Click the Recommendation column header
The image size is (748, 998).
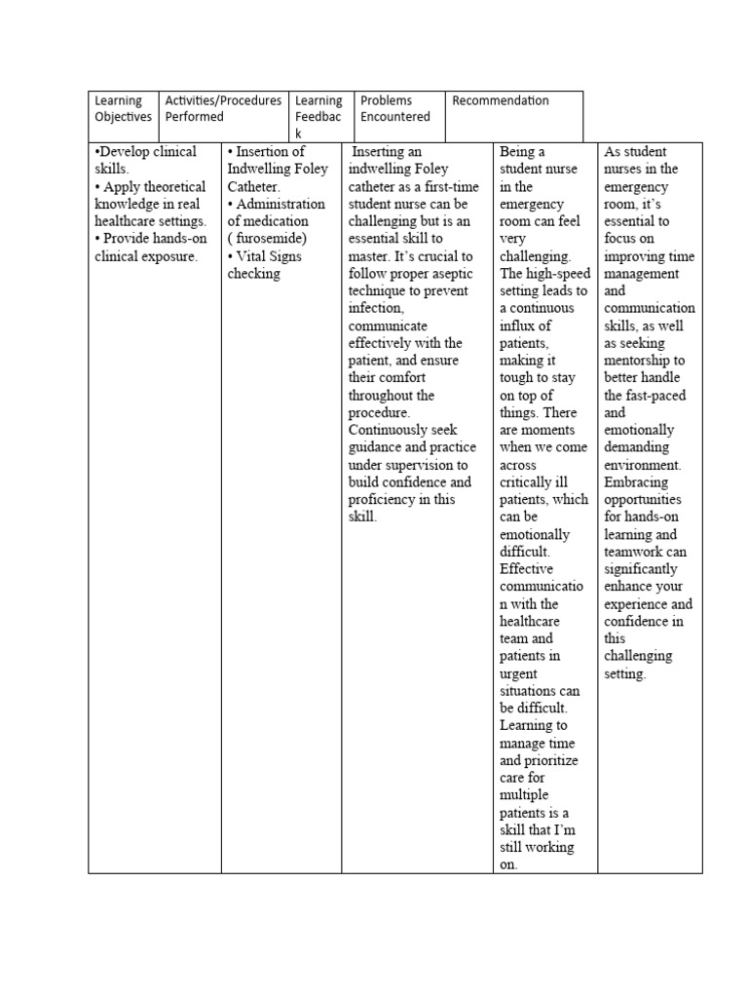(501, 100)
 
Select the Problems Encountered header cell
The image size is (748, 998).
(394, 108)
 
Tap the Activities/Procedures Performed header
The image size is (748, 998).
(224, 108)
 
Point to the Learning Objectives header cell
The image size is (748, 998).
(123, 108)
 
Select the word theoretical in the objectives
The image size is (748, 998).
(172, 186)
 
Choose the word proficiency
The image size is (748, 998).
(390, 500)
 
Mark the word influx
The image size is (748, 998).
(524, 326)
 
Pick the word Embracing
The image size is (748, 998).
(636, 482)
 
